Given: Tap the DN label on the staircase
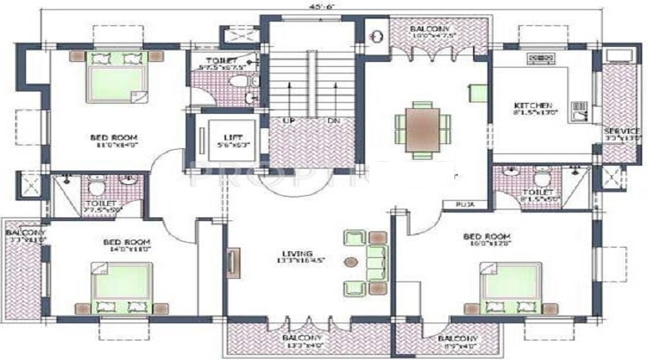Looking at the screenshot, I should pos(333,121).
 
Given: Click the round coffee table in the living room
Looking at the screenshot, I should pos(352,261).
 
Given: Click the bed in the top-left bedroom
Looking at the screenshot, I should pos(114,76).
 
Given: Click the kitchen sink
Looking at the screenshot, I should pos(579,110).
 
